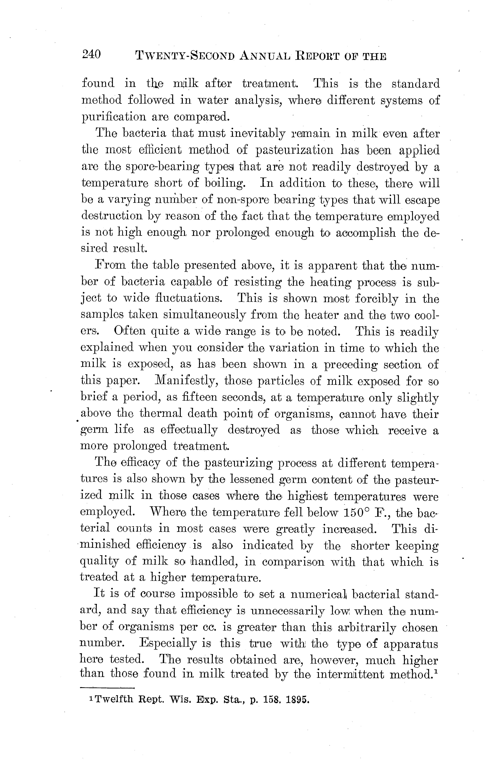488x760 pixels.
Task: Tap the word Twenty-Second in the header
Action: [x=185, y=56]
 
